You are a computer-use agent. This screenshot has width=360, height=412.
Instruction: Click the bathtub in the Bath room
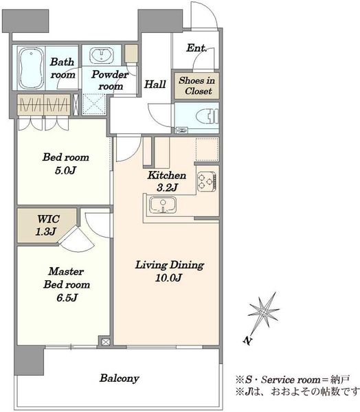(31, 68)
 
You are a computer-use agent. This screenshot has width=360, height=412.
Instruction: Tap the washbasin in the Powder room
(101, 56)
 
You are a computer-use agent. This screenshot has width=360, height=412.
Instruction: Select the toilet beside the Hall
(207, 116)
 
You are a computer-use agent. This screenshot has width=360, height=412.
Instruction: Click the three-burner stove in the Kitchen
(207, 181)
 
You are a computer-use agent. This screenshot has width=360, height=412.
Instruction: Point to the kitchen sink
(163, 205)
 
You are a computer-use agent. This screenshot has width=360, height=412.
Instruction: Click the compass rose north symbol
(263, 312)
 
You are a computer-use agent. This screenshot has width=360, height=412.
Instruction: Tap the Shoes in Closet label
(197, 86)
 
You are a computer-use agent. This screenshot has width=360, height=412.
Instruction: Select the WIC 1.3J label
(47, 225)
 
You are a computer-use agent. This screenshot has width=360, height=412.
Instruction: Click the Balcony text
(120, 378)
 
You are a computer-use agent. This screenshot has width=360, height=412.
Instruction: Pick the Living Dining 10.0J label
(169, 271)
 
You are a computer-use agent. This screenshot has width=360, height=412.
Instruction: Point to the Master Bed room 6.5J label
(67, 284)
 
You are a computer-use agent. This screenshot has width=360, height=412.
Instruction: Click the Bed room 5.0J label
(66, 163)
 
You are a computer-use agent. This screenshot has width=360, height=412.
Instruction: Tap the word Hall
(155, 84)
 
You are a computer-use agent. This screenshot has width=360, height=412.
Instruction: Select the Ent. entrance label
(196, 48)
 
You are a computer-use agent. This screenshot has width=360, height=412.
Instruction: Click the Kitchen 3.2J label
(167, 181)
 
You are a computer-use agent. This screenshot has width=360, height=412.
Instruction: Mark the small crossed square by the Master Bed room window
(105, 342)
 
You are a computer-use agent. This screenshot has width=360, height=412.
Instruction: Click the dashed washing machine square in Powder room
(94, 104)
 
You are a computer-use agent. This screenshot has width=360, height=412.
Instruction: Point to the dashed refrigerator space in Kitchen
(207, 149)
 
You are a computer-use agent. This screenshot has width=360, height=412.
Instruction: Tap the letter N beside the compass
(247, 341)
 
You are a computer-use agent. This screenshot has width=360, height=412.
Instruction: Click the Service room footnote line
(293, 380)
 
